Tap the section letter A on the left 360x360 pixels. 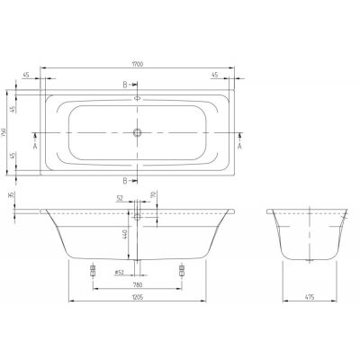pos(34,143)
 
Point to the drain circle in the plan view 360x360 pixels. pos(138,133)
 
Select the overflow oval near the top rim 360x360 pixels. pos(138,98)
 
